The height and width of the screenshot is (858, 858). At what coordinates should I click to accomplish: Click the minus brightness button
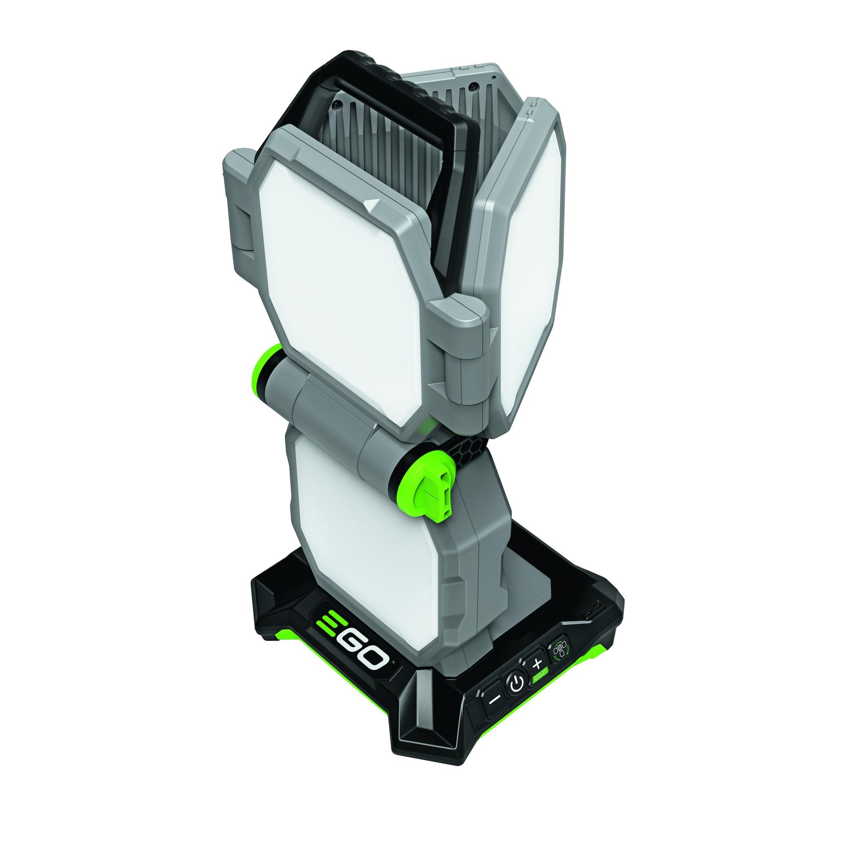[x=494, y=699]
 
